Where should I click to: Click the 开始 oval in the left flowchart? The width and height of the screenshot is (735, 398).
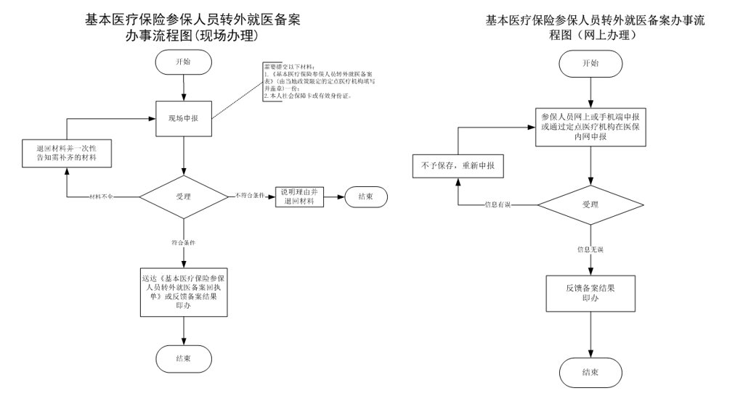point(184,62)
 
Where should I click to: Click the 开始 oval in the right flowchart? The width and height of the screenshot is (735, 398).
point(591,63)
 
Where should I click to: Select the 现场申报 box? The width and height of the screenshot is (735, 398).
point(184,117)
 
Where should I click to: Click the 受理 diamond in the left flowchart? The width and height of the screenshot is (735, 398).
point(184,196)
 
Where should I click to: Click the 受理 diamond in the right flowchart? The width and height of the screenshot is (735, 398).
point(590,204)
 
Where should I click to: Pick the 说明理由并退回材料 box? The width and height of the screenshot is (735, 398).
point(300,196)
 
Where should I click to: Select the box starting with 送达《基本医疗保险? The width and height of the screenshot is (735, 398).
point(184,291)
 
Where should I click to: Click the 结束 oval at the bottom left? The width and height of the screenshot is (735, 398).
point(184,358)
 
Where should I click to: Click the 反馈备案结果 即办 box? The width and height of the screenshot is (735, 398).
point(590,292)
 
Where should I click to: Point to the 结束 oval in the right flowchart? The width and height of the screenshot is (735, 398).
point(590,372)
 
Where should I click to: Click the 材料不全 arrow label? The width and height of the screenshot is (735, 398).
point(101,197)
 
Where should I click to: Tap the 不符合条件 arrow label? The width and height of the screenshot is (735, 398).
point(248,196)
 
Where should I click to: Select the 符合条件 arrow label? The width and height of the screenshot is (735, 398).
point(184,243)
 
